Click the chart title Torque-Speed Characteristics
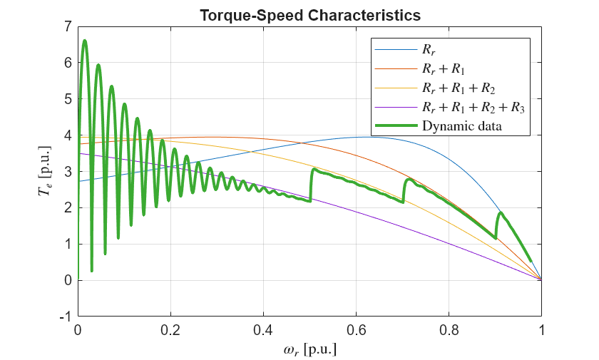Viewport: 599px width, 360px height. pos(309,15)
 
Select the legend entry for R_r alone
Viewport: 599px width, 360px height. pos(430,50)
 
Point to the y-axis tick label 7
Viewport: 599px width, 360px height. pos(67,27)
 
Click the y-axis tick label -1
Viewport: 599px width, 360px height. pos(65,317)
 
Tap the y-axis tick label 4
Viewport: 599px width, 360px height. pos(67,135)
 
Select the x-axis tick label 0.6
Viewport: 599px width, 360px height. pos(356,331)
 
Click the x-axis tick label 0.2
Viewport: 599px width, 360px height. pos(170,331)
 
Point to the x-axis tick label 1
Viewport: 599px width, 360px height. pos(541,331)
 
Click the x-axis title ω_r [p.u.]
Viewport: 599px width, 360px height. pos(309,350)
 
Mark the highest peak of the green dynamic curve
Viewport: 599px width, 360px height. pos(85,41)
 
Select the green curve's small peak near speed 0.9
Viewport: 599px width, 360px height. pos(501,212)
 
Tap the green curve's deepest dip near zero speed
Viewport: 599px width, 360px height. pos(91,271)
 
